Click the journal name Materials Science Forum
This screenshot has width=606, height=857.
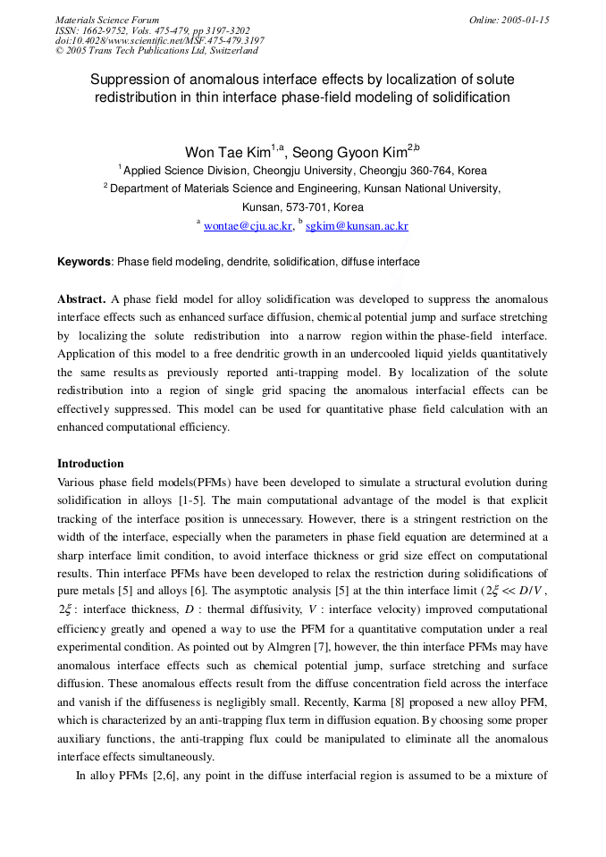[107, 20]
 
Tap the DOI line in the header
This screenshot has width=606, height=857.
[160, 40]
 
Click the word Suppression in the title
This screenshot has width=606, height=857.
[130, 79]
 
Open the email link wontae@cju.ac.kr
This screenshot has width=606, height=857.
[248, 226]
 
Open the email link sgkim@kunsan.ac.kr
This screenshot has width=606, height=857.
[357, 226]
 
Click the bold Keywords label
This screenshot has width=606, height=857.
[84, 262]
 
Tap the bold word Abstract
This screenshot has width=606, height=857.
[81, 298]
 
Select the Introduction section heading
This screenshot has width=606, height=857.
[90, 464]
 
